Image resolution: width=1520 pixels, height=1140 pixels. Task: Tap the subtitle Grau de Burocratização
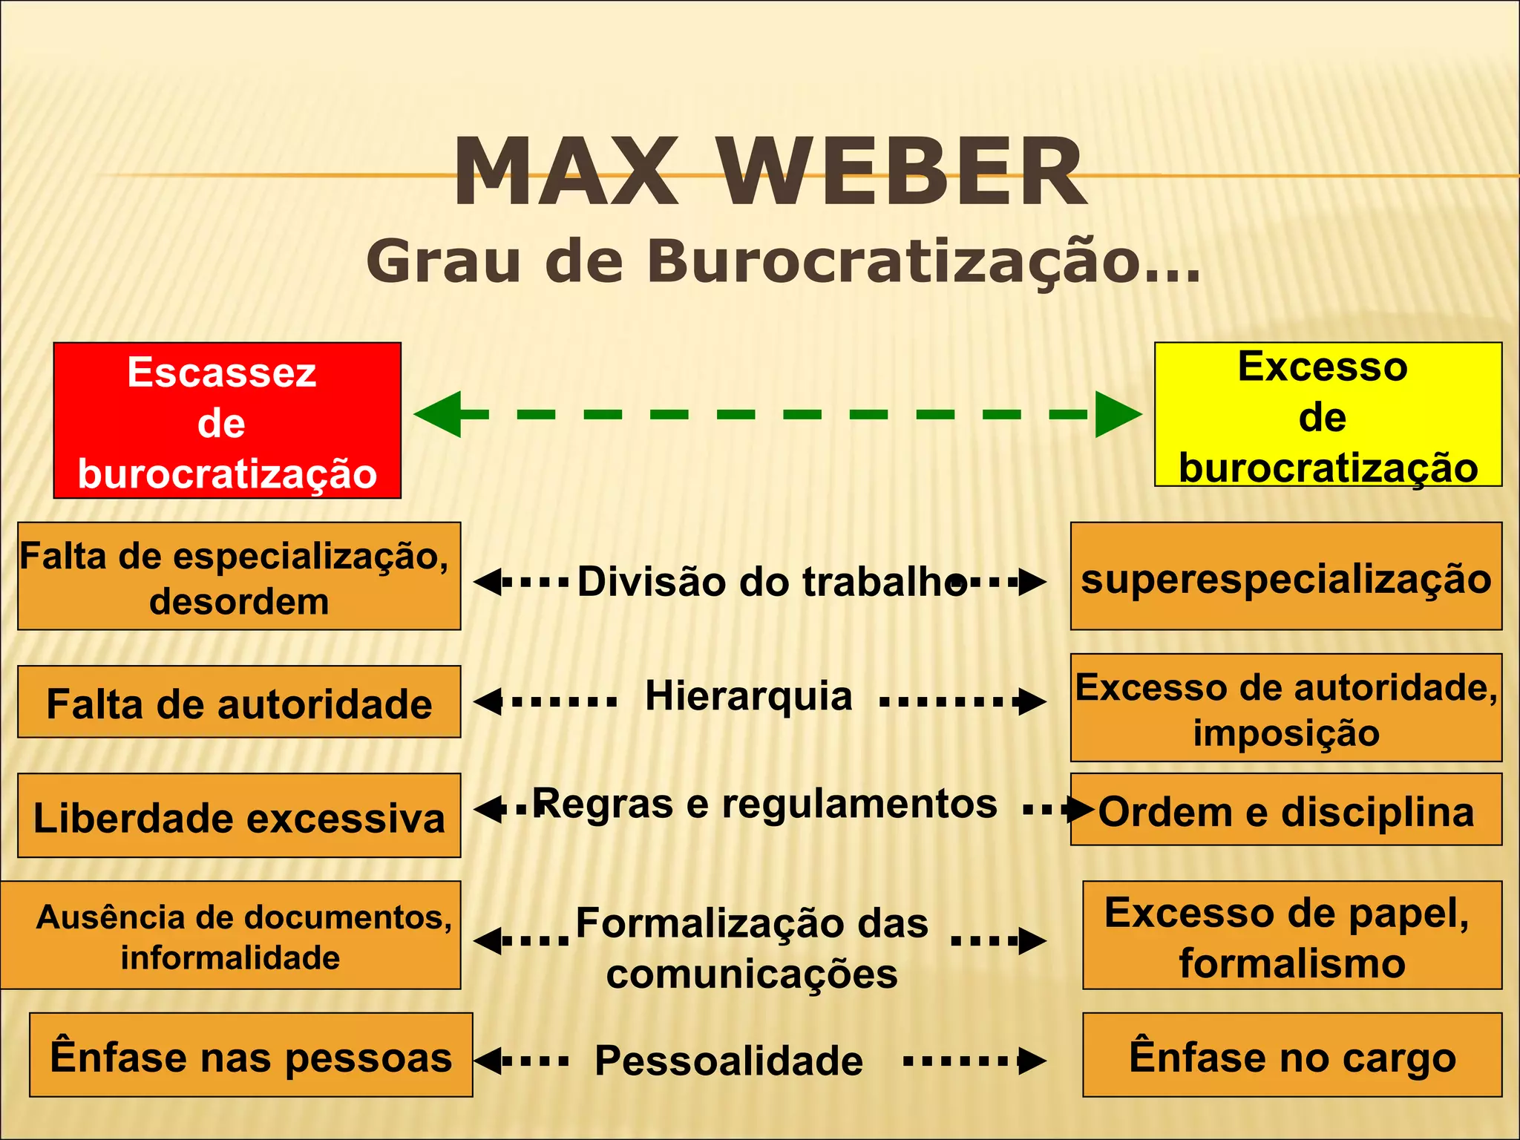click(x=783, y=261)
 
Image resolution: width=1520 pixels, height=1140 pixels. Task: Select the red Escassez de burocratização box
click(x=227, y=421)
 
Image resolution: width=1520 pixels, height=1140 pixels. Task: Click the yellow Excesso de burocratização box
click(x=1328, y=415)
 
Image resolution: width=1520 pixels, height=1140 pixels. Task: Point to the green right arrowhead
click(x=1118, y=414)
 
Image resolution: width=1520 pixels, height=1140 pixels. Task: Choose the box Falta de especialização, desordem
click(x=239, y=577)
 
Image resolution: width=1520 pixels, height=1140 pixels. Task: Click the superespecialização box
click(x=1285, y=577)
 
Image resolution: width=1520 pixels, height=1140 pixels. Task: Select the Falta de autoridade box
click(x=239, y=702)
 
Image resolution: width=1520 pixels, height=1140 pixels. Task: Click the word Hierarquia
click(x=748, y=696)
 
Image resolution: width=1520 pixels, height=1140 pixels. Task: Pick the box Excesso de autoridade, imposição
click(x=1285, y=708)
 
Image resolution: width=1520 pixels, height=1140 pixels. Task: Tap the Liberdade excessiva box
click(x=239, y=816)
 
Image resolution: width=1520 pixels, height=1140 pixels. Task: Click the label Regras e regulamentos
click(x=764, y=804)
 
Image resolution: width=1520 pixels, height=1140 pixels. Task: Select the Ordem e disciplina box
click(x=1285, y=810)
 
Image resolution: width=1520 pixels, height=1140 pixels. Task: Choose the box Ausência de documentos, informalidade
click(x=232, y=935)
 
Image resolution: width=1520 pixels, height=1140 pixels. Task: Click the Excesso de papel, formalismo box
click(x=1291, y=935)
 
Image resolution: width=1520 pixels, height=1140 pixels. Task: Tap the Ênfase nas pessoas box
click(x=251, y=1055)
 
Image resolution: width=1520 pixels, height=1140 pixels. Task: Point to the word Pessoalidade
click(x=729, y=1061)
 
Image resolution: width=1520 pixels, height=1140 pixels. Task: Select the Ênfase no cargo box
click(x=1291, y=1055)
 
